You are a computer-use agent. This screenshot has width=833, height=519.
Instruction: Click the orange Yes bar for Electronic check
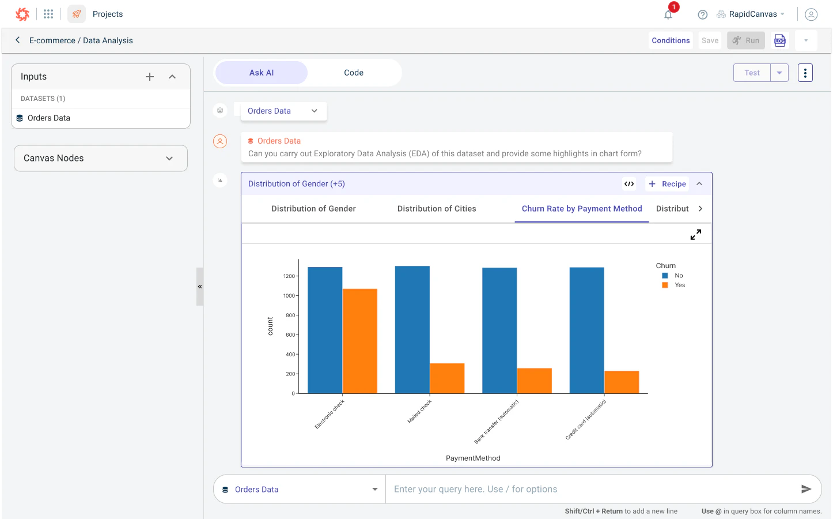tap(360, 341)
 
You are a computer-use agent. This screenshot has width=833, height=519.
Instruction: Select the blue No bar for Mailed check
tap(412, 329)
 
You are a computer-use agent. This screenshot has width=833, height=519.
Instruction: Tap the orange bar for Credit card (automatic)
tap(622, 382)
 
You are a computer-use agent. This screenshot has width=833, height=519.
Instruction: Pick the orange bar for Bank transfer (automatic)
tap(534, 381)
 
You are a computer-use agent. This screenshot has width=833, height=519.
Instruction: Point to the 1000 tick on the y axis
tap(289, 296)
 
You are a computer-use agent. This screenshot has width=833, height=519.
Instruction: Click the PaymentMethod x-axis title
tap(473, 458)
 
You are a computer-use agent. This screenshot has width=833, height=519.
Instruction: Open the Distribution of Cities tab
tap(437, 209)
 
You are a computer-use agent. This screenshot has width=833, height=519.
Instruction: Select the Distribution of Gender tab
tap(313, 209)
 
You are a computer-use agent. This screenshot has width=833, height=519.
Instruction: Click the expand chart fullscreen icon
tap(696, 235)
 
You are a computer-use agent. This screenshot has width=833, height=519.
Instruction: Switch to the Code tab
tap(354, 73)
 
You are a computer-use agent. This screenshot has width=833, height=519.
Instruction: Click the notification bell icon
tap(668, 15)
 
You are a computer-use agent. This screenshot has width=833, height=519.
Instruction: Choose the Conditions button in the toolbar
tap(671, 40)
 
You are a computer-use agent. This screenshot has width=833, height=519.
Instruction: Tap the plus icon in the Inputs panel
tap(150, 77)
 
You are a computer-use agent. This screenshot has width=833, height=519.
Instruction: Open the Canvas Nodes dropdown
tap(101, 158)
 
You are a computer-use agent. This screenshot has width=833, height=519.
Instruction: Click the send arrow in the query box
tap(806, 489)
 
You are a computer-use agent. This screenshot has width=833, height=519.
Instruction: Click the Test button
tap(752, 73)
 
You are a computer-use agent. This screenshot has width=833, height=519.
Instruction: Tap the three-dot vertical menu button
tap(805, 73)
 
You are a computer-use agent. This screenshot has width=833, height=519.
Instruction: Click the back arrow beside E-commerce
tap(18, 40)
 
